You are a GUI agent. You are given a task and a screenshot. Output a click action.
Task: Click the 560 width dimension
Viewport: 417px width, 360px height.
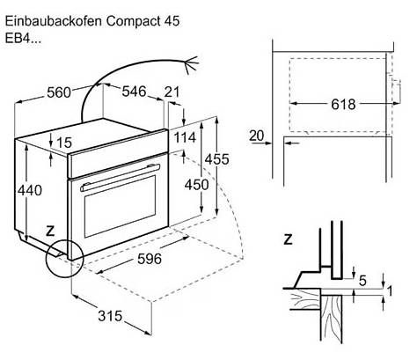pyautogui.click(x=59, y=92)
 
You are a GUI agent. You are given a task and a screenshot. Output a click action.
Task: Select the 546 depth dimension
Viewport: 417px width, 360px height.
pyautogui.click(x=134, y=92)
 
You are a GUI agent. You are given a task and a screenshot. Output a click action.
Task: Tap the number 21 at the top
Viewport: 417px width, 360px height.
pyautogui.click(x=172, y=92)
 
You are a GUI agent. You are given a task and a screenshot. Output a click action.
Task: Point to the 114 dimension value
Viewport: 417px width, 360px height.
pyautogui.click(x=185, y=137)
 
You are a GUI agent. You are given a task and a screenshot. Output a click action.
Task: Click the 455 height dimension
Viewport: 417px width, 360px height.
pyautogui.click(x=216, y=159)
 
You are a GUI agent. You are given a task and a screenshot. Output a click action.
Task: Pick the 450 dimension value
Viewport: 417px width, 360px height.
pyautogui.click(x=196, y=185)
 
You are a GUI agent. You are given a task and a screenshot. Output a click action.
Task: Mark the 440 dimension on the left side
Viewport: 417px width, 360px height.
pyautogui.click(x=30, y=190)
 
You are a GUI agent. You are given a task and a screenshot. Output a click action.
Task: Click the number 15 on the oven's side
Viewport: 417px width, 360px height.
pyautogui.click(x=63, y=143)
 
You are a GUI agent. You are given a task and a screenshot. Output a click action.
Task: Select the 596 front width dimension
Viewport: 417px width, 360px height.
pyautogui.click(x=150, y=259)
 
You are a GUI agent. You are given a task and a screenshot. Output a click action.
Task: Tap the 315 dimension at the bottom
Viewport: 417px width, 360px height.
pyautogui.click(x=110, y=316)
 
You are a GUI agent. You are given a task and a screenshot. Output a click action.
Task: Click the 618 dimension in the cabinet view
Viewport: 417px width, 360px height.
pyautogui.click(x=343, y=104)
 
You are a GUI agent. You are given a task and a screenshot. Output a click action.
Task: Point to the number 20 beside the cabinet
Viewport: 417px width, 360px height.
pyautogui.click(x=257, y=136)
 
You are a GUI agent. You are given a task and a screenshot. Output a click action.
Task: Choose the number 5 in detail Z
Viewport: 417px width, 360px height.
pyautogui.click(x=362, y=281)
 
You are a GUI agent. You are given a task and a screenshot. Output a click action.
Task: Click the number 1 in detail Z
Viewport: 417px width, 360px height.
pyautogui.click(x=390, y=291)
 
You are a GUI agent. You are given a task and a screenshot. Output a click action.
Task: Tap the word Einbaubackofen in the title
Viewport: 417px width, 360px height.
pyautogui.click(x=54, y=21)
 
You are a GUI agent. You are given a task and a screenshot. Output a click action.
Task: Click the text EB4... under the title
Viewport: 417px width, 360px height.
pyautogui.click(x=23, y=39)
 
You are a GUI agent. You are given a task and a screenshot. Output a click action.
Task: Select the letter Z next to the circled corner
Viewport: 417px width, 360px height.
pyautogui.click(x=51, y=231)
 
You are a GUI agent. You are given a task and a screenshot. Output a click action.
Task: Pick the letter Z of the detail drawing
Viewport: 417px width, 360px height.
pyautogui.click(x=289, y=239)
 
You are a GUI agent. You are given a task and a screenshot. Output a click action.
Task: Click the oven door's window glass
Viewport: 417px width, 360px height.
pyautogui.click(x=120, y=207)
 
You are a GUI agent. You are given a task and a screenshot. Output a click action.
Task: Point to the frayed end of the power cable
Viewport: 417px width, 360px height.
pyautogui.click(x=191, y=63)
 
